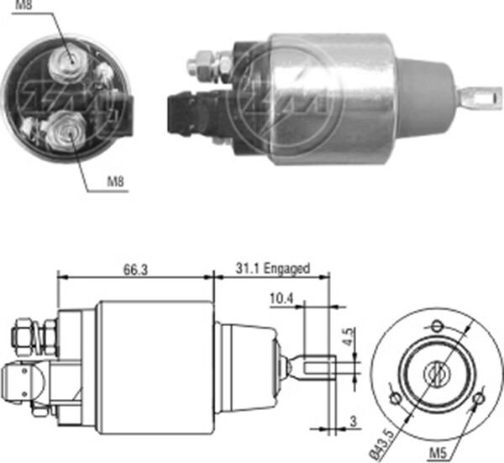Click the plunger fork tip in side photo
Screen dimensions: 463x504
point(478,98)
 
